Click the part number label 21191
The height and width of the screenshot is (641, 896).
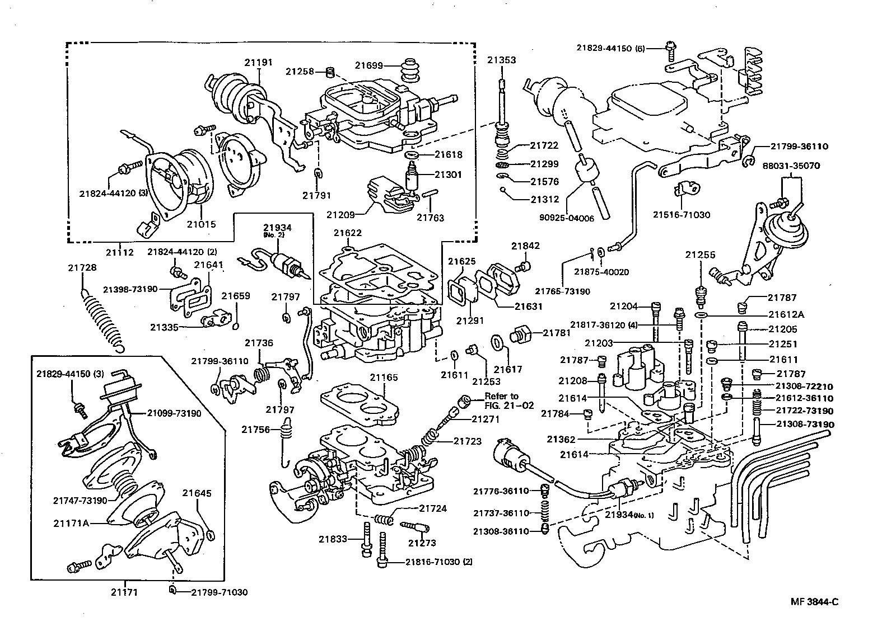coord(258,62)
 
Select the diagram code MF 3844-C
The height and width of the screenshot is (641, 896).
coord(814,602)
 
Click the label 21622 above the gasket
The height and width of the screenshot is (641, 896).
coord(347,233)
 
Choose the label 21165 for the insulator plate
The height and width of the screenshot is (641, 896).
coord(384,378)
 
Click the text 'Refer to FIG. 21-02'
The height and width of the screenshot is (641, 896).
coord(501,400)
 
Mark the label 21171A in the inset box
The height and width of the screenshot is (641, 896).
coord(71,524)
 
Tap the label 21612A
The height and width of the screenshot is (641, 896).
coord(786,314)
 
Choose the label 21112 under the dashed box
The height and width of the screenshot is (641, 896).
coord(120,252)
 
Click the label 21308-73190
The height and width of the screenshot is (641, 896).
coord(805,425)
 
